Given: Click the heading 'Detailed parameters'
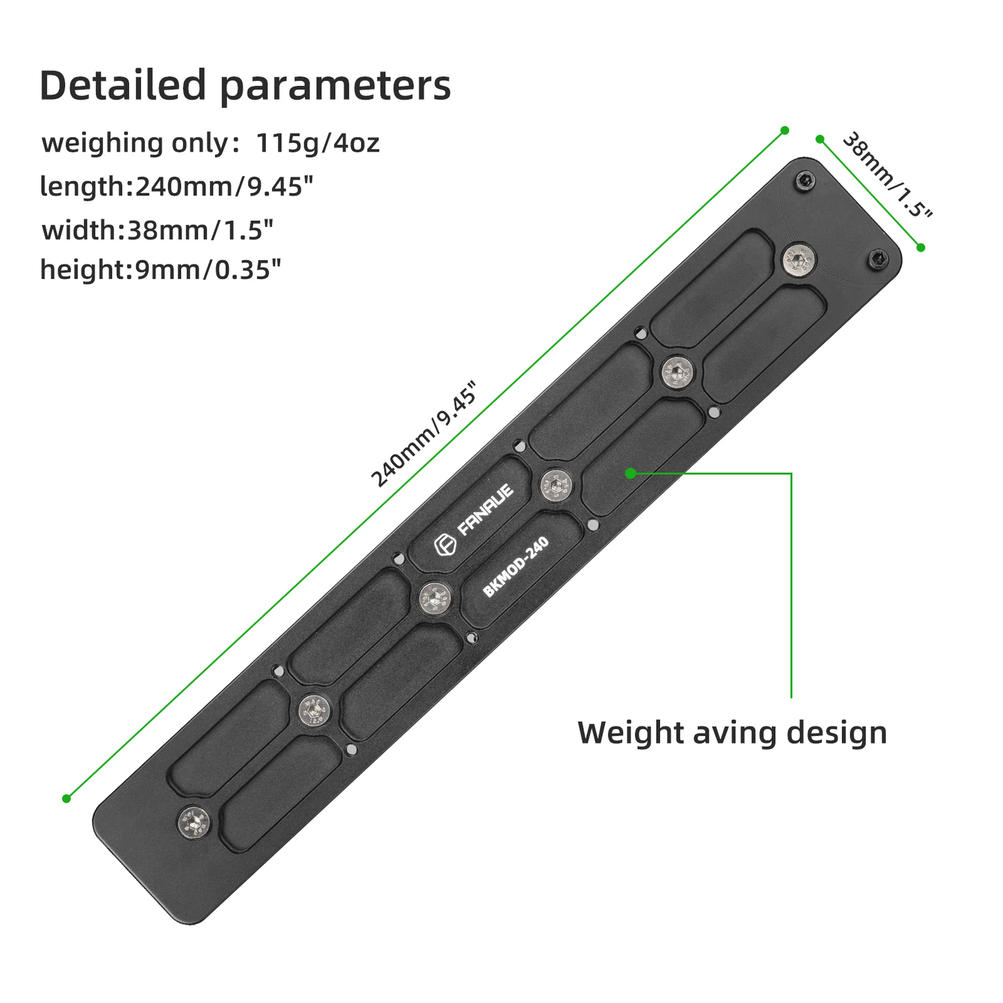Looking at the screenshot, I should click(x=245, y=86).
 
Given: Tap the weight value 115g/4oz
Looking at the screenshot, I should click(x=318, y=143).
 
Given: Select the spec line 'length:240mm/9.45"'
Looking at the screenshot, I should click(x=176, y=186).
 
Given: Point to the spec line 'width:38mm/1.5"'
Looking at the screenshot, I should click(x=157, y=230).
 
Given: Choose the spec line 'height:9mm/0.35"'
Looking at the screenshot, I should click(x=161, y=269).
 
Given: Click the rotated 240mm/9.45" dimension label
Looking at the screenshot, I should click(x=423, y=434).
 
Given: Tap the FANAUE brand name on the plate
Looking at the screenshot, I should click(x=485, y=510).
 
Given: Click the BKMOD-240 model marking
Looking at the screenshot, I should click(x=516, y=567).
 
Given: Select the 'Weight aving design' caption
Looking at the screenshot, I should click(x=733, y=733).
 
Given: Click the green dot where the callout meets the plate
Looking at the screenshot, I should click(x=631, y=473).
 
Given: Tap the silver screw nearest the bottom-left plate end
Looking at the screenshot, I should click(x=193, y=821).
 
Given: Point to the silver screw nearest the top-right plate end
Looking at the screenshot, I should click(x=799, y=259).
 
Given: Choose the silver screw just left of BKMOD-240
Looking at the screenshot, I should click(x=435, y=598).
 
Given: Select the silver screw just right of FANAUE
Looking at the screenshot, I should click(x=556, y=485).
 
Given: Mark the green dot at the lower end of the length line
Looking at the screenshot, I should click(x=67, y=798).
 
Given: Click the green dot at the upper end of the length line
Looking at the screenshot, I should click(x=785, y=130).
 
